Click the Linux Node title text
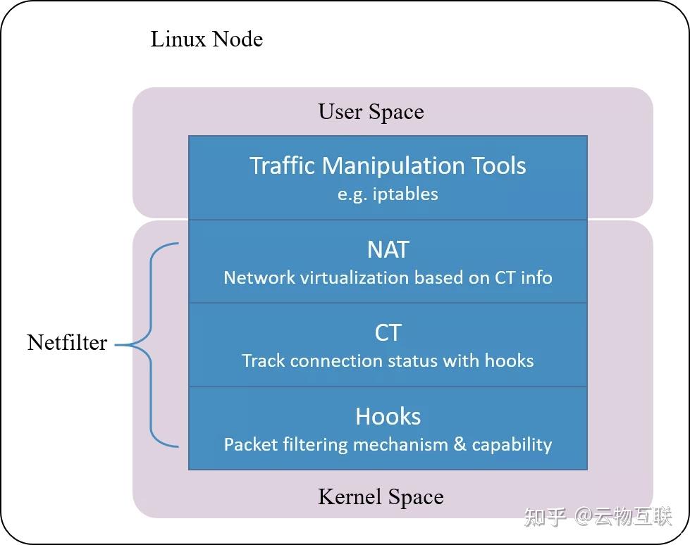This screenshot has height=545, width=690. [207, 39]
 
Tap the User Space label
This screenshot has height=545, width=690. [371, 112]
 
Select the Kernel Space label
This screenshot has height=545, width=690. [381, 497]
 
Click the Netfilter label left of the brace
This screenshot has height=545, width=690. [67, 343]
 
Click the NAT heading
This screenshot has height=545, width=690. [388, 250]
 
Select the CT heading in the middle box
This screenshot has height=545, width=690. [388, 332]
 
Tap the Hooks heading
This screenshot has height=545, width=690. [388, 416]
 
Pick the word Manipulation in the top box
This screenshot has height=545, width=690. [395, 166]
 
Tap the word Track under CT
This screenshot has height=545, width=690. [263, 361]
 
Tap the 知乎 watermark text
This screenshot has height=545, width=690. [545, 518]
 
